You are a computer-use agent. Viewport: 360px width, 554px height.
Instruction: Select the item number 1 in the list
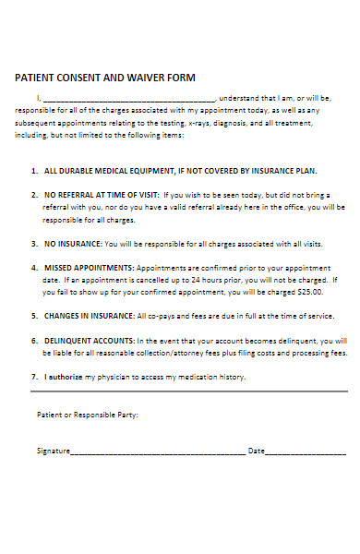34,172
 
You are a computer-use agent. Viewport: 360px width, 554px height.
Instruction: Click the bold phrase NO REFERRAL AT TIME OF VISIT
102,196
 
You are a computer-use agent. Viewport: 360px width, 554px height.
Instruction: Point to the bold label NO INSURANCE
74,244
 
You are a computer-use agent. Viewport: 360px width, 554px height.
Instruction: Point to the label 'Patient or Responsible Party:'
88,415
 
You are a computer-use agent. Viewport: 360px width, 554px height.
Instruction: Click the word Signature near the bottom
53,452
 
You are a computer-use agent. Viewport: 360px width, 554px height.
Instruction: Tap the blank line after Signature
158,453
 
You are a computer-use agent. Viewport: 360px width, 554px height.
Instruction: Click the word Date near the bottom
256,452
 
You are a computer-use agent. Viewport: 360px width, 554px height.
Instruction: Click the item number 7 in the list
34,377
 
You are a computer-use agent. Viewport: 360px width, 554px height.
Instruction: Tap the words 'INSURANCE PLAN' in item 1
285,172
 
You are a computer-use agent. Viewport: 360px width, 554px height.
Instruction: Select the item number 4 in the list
34,267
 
